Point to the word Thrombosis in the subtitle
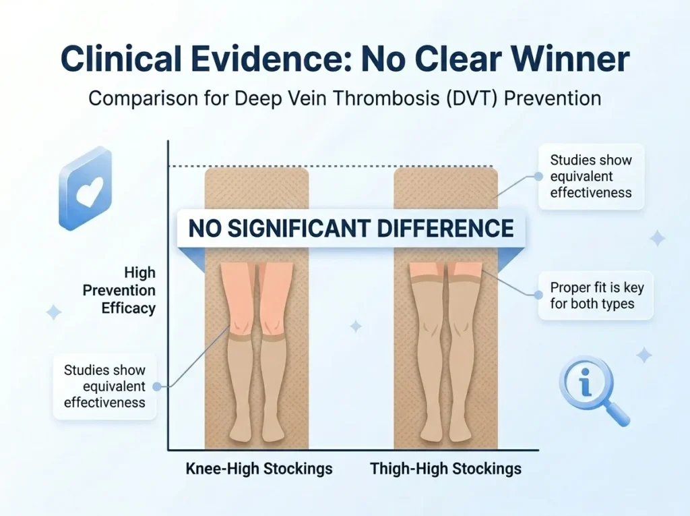coord(371,98)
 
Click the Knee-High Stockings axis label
coord(259,469)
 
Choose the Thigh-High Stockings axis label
coord(445,469)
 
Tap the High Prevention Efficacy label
coord(119,291)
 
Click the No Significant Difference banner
coord(350,228)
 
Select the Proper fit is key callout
coord(596,296)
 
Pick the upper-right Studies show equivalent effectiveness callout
coord(590,176)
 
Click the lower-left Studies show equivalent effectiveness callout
coord(104,386)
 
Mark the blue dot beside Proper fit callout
coord(538,295)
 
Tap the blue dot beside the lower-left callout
coord(156,386)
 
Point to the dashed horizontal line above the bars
coord(330,166)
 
